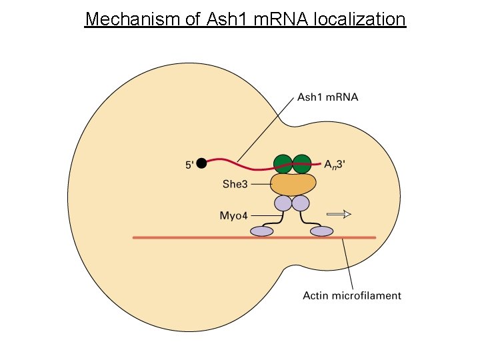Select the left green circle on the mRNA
coord(283,163)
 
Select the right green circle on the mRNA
coord(302,163)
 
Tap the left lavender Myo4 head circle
coord(283,203)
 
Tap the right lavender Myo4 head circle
coord(301,203)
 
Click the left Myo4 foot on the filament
coord(261,231)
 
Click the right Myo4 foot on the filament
coord(322,231)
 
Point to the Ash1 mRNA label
coord(327,97)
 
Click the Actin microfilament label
coord(352,295)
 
